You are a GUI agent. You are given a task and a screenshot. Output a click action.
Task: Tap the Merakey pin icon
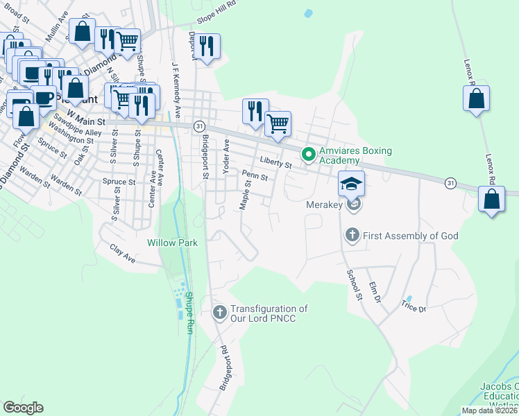click(x=354, y=205)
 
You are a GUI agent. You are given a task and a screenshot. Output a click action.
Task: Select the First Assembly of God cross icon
click(x=352, y=236)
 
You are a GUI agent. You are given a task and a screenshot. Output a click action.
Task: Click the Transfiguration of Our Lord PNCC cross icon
click(x=220, y=313)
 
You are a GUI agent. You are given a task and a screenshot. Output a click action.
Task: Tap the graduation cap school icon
click(x=351, y=183)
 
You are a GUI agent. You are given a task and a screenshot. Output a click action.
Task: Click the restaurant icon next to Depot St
click(x=207, y=46)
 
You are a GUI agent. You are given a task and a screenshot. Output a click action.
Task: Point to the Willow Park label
click(x=172, y=243)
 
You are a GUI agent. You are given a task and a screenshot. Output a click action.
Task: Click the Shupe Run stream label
click(x=188, y=313)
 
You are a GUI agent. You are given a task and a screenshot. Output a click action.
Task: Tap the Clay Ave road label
click(x=121, y=253)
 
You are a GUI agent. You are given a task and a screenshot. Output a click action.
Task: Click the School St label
click(x=354, y=284)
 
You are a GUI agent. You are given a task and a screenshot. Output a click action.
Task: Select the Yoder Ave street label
click(x=225, y=156)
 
